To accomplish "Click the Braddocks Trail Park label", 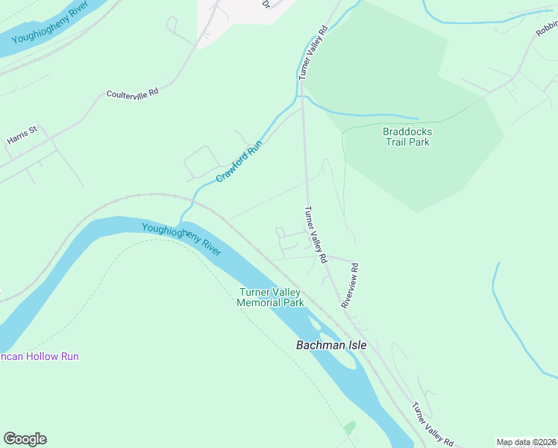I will [407, 137].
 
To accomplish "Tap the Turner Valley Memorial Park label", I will [270, 297].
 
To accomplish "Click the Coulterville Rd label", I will [133, 93].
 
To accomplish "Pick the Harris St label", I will [22, 135].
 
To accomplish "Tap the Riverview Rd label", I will [350, 285].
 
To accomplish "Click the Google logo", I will [25, 439].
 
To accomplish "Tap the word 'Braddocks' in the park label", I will [407, 131].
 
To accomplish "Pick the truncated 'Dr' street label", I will [266, 4].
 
